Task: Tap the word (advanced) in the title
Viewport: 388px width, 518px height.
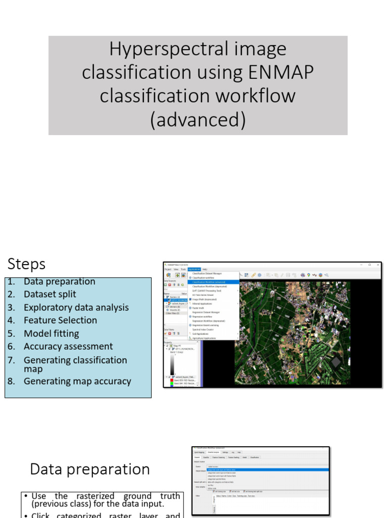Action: click(x=198, y=119)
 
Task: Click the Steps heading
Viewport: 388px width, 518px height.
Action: click(x=26, y=264)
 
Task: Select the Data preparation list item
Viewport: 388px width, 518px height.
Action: click(x=59, y=281)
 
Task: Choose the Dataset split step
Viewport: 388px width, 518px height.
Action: click(x=50, y=294)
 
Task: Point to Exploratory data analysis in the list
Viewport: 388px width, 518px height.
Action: click(x=76, y=308)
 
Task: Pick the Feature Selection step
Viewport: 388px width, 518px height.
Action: click(x=60, y=320)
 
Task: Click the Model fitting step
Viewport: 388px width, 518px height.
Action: click(x=51, y=333)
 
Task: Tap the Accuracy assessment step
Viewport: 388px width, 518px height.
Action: click(x=68, y=347)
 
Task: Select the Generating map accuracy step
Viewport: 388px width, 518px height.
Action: click(x=77, y=381)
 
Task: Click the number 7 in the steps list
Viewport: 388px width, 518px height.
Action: click(x=11, y=360)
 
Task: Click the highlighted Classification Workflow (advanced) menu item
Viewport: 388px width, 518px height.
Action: click(x=209, y=282)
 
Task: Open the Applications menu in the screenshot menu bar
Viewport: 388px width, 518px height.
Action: click(x=194, y=269)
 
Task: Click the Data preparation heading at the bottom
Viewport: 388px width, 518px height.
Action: click(x=90, y=469)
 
